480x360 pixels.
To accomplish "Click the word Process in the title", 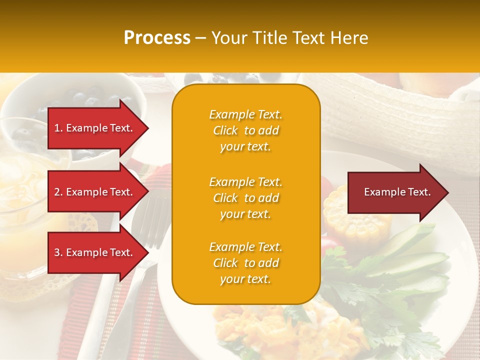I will point(157,38).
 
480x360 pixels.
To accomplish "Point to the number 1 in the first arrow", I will point(57,128).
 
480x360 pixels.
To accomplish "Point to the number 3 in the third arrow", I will point(57,252).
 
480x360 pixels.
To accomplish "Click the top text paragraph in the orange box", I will point(245,130).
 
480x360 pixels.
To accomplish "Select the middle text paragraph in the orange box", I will point(245,198).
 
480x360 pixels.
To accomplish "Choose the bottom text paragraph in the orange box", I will point(245,263).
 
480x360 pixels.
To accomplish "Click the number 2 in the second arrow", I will point(57,192).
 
